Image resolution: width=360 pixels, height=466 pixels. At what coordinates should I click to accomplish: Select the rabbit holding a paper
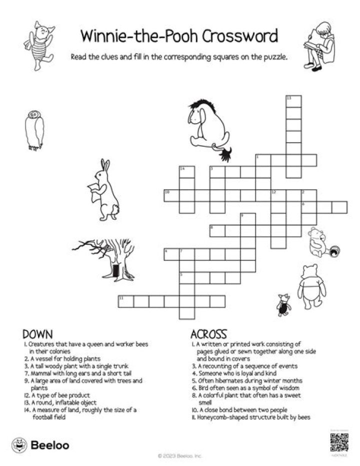point(105,190)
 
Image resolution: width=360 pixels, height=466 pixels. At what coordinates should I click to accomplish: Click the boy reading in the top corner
point(320,45)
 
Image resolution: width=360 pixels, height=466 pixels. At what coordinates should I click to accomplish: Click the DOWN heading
point(38,334)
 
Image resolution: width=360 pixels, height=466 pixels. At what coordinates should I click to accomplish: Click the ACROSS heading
point(209,334)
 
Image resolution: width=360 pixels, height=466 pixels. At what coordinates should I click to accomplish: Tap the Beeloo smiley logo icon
point(19,444)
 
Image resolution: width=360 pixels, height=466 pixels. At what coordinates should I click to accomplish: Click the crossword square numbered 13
point(293,101)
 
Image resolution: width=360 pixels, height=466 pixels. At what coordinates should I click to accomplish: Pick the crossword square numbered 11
point(125,301)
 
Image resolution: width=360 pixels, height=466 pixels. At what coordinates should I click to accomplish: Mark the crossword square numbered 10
point(171,195)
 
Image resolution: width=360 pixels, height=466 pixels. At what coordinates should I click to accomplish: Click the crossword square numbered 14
point(186,172)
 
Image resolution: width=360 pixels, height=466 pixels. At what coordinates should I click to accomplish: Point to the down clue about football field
point(85,413)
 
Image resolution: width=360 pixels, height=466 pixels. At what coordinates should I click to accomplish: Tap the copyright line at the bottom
point(180,456)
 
